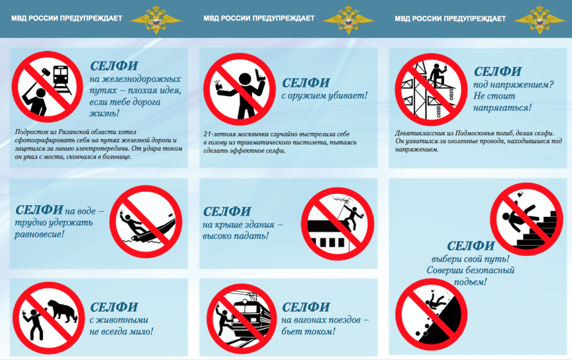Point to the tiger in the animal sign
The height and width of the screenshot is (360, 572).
[x=62, y=311]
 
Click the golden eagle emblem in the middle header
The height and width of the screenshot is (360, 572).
[x=349, y=19]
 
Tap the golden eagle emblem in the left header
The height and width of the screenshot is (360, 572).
[x=156, y=19]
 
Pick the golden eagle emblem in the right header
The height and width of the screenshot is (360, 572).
[x=540, y=19]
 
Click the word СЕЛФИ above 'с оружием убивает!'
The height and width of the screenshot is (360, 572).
[x=306, y=83]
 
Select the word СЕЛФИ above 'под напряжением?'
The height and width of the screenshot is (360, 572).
[x=498, y=72]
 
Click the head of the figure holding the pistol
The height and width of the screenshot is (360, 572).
[x=245, y=79]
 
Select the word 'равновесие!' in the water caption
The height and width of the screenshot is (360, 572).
[x=39, y=234]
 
